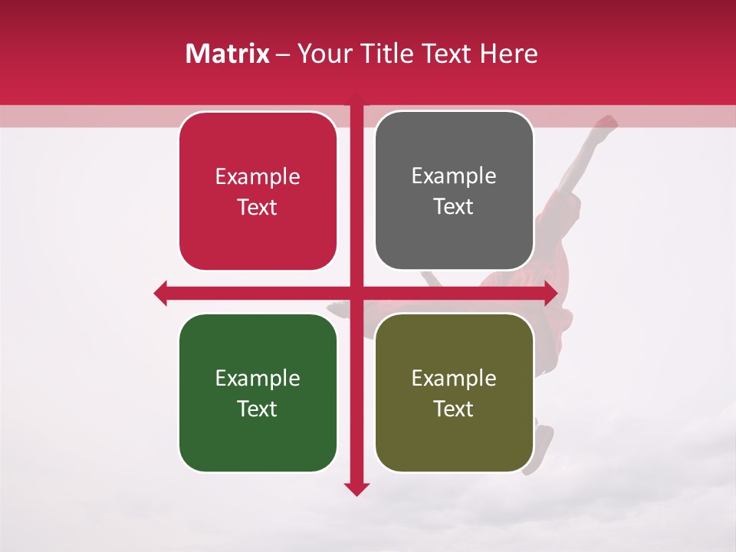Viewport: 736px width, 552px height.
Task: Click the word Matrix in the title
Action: pos(227,54)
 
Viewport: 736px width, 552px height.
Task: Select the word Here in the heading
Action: pos(508,54)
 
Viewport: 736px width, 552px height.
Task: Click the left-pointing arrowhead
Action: pos(161,293)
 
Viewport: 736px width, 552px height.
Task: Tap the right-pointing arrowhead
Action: pos(550,293)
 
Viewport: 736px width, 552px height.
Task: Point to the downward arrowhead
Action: pos(356,488)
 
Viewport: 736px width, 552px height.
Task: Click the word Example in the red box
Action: pos(258,177)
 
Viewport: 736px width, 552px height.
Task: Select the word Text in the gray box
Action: pos(454,207)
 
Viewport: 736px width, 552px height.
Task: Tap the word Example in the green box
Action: pos(258,378)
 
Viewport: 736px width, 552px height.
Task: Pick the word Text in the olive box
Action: pos(454,409)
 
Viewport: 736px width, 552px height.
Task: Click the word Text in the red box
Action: pos(258,208)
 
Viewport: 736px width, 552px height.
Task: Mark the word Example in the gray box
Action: pos(454,176)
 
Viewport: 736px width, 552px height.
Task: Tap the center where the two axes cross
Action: pos(356,293)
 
